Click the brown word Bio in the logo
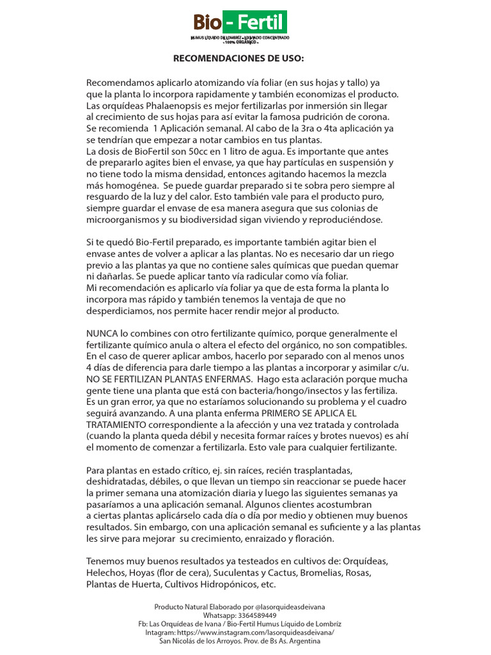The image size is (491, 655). coord(208,24)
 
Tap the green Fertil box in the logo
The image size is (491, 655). coord(255,24)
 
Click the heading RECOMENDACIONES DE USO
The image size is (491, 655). coord(240,59)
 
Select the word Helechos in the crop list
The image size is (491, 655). coord(105,572)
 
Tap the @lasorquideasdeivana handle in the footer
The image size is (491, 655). coord(285,606)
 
